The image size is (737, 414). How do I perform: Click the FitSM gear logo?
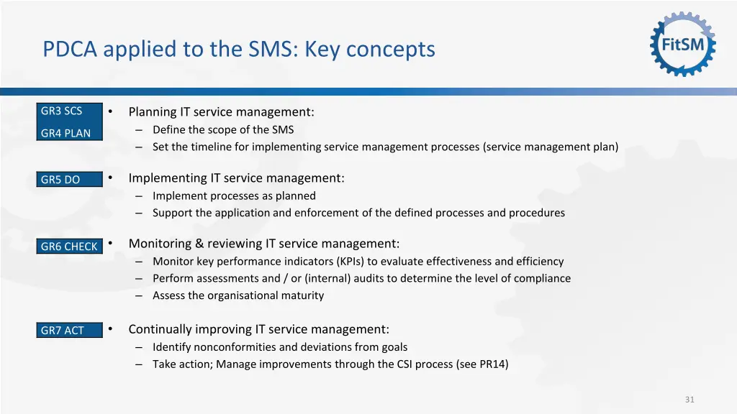(x=683, y=44)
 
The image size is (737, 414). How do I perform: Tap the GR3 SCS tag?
(x=62, y=111)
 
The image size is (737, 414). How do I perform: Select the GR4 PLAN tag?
(x=66, y=133)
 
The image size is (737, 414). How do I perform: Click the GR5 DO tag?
(x=60, y=180)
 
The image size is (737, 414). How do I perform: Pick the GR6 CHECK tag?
(x=69, y=247)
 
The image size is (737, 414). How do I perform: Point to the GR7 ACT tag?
(x=63, y=331)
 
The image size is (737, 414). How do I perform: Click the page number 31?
(x=689, y=400)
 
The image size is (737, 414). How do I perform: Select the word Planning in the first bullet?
(x=153, y=112)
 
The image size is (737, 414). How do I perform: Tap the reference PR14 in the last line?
(x=492, y=364)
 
